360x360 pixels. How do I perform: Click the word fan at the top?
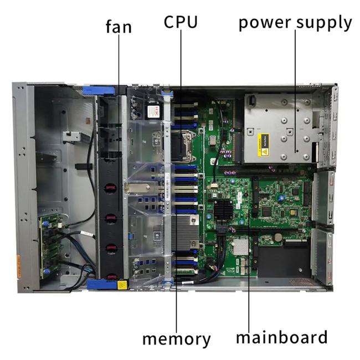coord(119,27)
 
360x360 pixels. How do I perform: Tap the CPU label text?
coord(181,22)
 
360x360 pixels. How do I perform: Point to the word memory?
coord(176,340)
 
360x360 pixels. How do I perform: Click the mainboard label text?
coord(282,337)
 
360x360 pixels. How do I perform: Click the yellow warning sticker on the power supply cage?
coord(263,145)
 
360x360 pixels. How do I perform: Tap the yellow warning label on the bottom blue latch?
coord(121,285)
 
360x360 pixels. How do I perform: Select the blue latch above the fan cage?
coord(99,90)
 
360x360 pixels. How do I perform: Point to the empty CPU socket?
coord(181,146)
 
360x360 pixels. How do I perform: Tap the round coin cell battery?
coord(278,236)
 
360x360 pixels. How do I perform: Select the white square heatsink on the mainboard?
coord(241,247)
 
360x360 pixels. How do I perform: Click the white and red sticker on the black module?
coord(153,112)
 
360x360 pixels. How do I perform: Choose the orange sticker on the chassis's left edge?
coord(18,266)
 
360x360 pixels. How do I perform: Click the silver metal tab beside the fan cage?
coord(138,188)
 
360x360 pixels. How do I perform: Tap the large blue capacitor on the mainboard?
coord(282,198)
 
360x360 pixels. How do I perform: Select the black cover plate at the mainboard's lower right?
coord(284,261)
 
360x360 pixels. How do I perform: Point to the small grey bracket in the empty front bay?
coord(71,136)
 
